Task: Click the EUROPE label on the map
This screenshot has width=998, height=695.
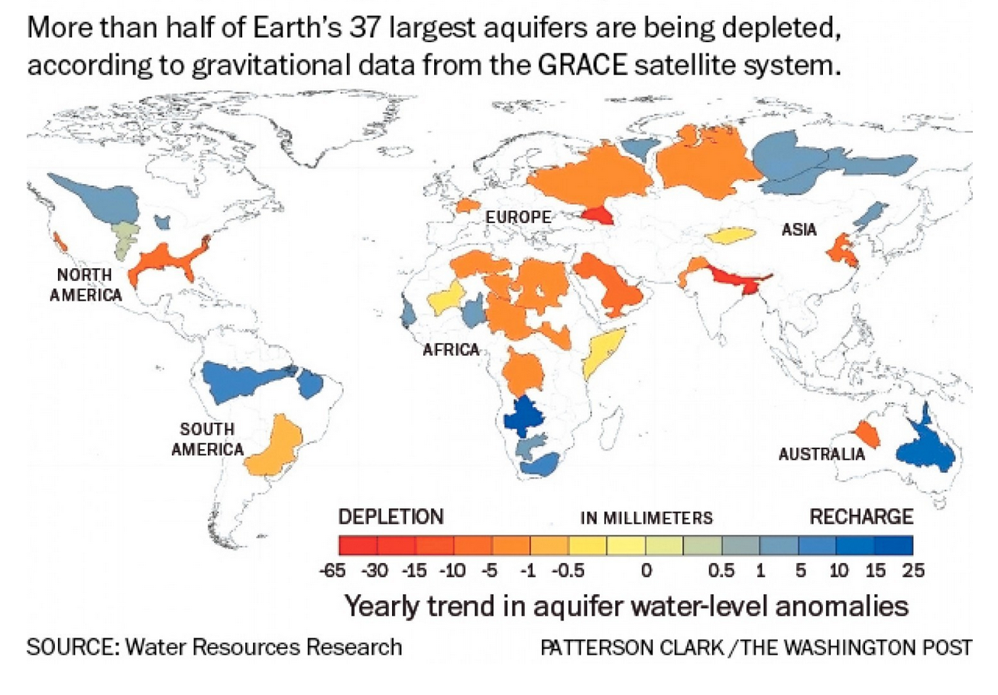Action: click(518, 218)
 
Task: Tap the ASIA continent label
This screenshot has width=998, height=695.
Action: click(799, 229)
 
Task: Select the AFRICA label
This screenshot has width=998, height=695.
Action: click(451, 351)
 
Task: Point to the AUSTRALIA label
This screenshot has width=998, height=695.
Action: click(821, 455)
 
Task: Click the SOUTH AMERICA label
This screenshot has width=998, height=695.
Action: click(207, 439)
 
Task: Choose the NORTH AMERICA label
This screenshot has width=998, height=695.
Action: click(86, 284)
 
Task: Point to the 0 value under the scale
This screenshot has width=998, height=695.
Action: click(646, 571)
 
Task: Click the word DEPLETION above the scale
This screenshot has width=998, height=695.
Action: click(390, 517)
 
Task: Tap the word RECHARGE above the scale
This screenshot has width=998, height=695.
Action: click(860, 517)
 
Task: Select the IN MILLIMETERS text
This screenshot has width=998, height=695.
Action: click(646, 519)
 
